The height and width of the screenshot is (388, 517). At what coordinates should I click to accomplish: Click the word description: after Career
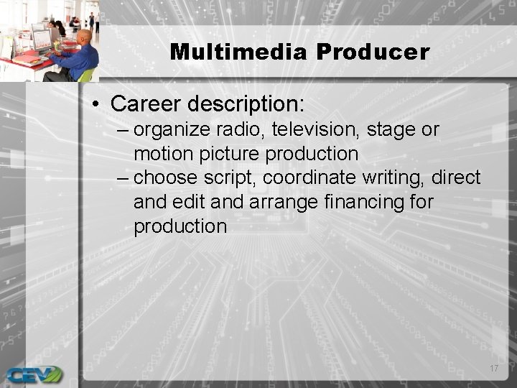(x=247, y=103)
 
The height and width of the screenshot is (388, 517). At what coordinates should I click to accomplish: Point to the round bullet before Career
(x=97, y=104)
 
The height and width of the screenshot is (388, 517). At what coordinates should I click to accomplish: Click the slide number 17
(x=493, y=369)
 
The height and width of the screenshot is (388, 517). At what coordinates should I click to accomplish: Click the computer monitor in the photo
(x=41, y=40)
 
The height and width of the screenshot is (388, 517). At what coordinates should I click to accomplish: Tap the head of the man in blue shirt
(x=85, y=37)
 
